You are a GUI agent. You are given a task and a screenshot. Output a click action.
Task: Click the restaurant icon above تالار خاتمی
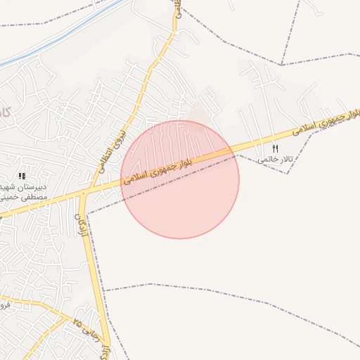click(275, 148)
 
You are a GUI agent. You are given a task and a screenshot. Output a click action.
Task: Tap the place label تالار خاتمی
click(273, 160)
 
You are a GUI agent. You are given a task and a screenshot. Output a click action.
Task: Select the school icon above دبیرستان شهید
click(22, 175)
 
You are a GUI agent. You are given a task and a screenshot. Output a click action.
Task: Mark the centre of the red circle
click(180, 179)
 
